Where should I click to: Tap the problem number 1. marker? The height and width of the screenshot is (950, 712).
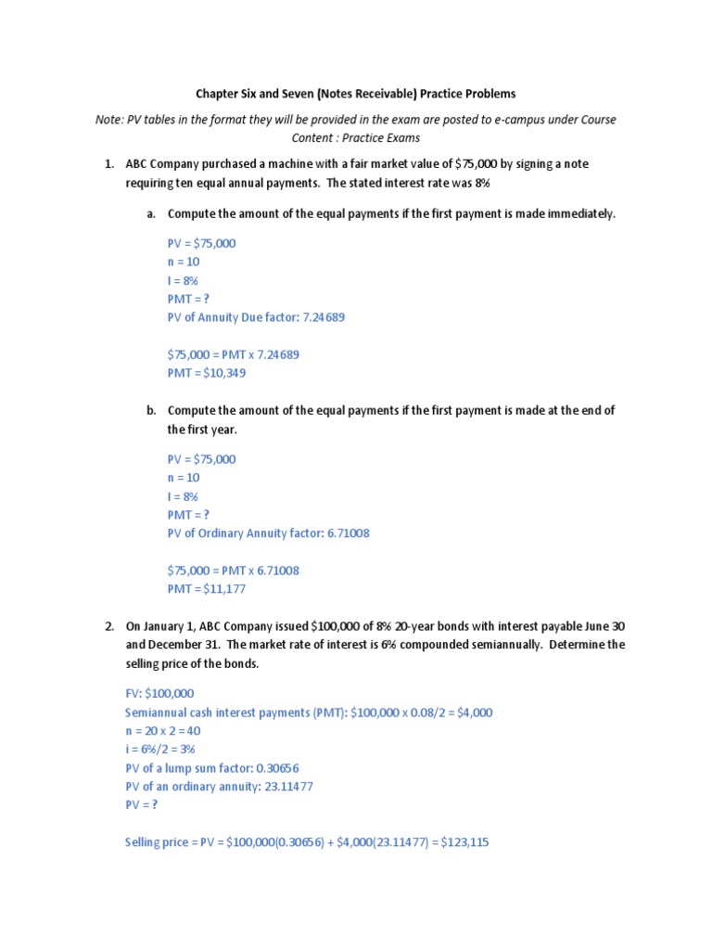(x=108, y=164)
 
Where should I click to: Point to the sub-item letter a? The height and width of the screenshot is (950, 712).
(x=150, y=214)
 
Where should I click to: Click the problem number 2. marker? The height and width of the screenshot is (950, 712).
(x=108, y=626)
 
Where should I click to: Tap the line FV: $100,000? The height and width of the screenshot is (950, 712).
(x=159, y=694)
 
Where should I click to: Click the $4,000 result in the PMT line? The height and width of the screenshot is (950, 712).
(x=470, y=712)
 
